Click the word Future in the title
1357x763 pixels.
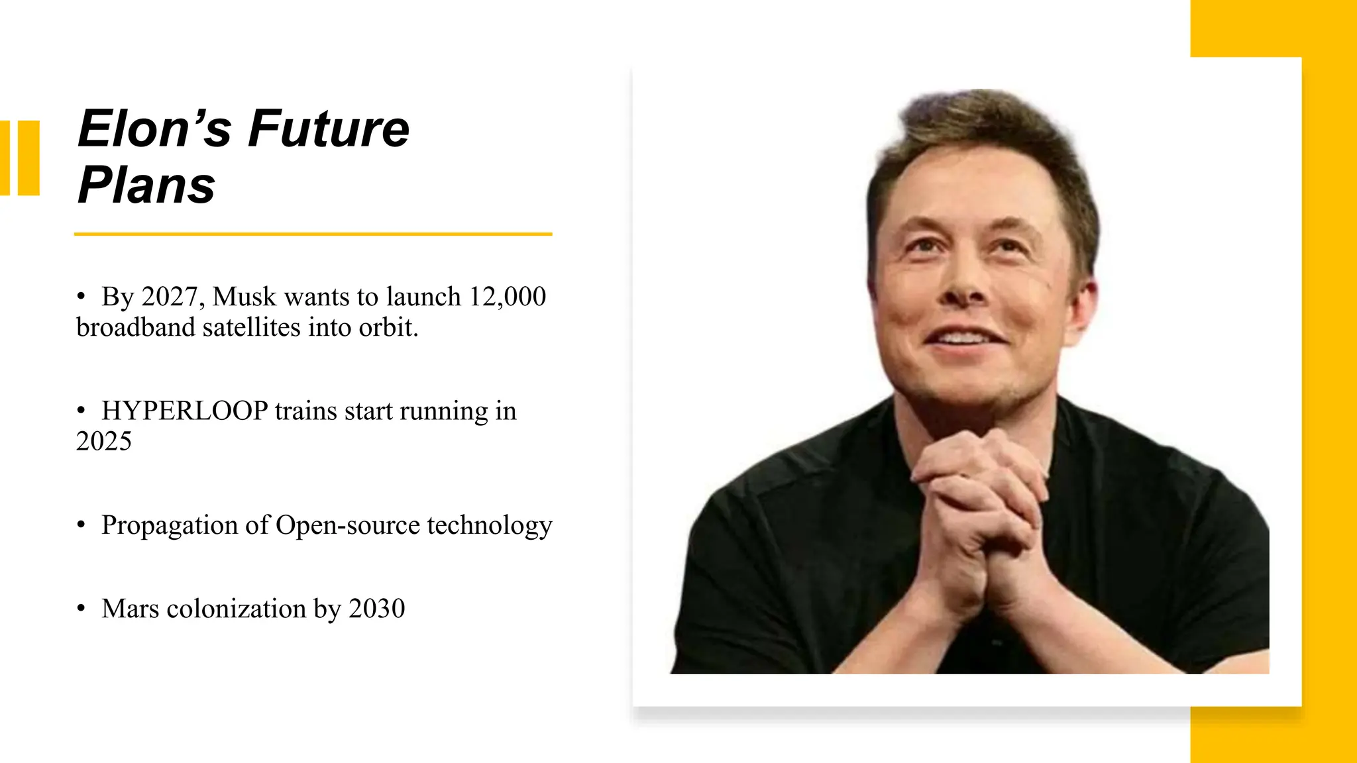click(x=329, y=128)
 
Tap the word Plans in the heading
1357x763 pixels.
click(x=146, y=185)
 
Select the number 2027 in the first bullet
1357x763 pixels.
click(x=169, y=297)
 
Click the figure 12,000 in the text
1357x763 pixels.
click(x=507, y=297)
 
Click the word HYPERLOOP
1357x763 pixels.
click(x=184, y=411)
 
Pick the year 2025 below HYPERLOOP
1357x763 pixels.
click(x=104, y=442)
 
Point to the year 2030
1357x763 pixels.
click(x=376, y=609)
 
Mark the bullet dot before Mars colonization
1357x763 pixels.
click(x=81, y=608)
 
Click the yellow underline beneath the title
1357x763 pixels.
click(x=313, y=234)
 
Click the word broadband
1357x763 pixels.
click(x=135, y=328)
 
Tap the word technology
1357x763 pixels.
click(x=489, y=525)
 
